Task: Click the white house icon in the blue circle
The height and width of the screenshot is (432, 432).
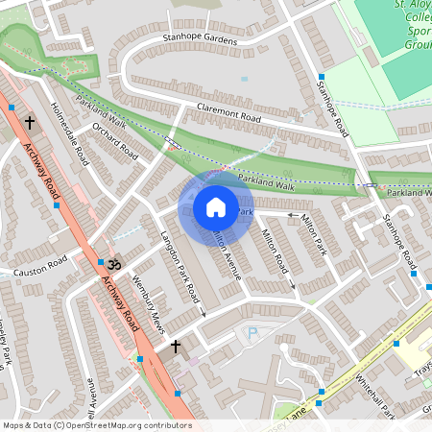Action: click(215, 206)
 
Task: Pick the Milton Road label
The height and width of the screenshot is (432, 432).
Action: click(275, 252)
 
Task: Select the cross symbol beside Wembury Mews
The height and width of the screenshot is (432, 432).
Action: click(176, 345)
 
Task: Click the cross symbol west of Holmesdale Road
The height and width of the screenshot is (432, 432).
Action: click(30, 122)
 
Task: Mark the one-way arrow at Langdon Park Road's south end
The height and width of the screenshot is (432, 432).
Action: click(203, 312)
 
